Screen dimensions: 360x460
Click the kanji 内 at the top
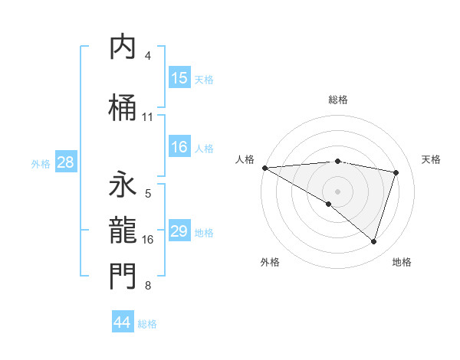(123, 48)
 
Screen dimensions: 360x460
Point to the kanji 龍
(123, 230)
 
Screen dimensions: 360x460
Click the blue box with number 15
(179, 78)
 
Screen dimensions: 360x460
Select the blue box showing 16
(179, 147)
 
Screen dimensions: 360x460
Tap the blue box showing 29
(179, 231)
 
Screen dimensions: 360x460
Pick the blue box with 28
(65, 162)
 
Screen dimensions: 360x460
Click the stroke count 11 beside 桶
(148, 117)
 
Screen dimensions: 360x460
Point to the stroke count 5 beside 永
(148, 194)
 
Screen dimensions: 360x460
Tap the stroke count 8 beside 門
(148, 286)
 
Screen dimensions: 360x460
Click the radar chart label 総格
(338, 100)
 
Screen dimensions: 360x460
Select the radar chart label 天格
(431, 159)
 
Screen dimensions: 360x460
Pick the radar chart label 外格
(270, 262)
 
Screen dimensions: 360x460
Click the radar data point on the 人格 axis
(264, 167)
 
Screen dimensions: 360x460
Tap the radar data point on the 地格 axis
(374, 241)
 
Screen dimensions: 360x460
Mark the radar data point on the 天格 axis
(396, 172)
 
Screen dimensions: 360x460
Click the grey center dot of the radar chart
(337, 191)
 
